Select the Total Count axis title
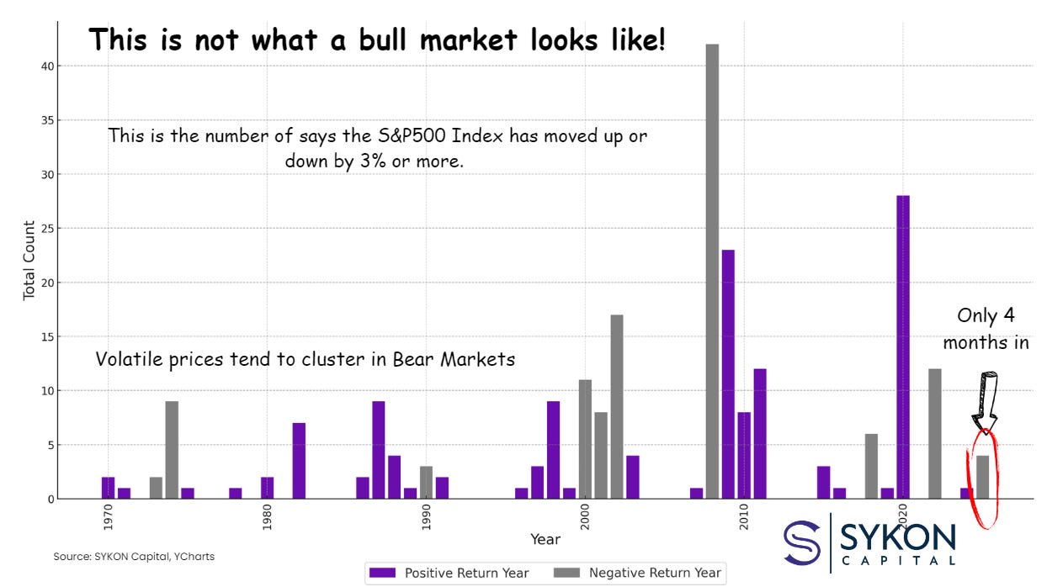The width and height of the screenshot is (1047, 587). tap(29, 260)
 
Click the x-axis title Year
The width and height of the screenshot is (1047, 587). tap(545, 538)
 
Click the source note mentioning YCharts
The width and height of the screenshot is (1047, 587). tap(134, 557)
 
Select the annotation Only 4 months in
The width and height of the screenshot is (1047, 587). tap(986, 329)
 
